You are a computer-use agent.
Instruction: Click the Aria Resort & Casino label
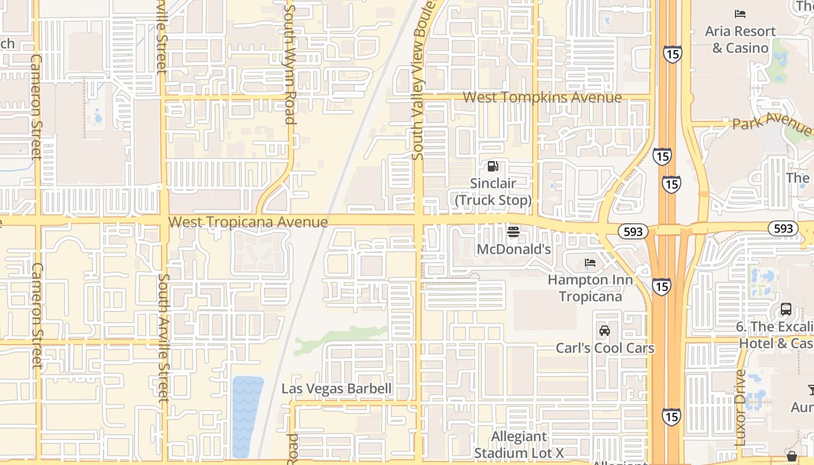point(740,40)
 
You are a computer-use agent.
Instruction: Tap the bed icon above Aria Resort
point(740,13)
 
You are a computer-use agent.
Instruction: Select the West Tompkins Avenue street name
point(542,97)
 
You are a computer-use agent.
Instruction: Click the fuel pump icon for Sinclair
point(492,167)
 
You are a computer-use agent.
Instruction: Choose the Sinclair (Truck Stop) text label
point(492,192)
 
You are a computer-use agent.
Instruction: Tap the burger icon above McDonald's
point(513,232)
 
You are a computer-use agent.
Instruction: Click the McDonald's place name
point(513,249)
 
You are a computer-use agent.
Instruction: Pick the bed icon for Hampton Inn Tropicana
point(590,263)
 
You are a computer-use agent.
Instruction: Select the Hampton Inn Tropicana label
point(590,288)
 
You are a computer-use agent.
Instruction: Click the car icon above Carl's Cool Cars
point(605,331)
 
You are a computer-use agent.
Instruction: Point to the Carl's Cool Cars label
point(605,348)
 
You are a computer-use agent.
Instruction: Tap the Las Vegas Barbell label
point(337,388)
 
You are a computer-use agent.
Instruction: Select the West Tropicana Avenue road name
point(248,222)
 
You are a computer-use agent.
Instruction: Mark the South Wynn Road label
point(290,64)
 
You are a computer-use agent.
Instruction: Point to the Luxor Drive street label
point(740,407)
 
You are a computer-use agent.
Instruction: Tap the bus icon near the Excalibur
point(786,309)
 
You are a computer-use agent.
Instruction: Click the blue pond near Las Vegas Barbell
point(247,416)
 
